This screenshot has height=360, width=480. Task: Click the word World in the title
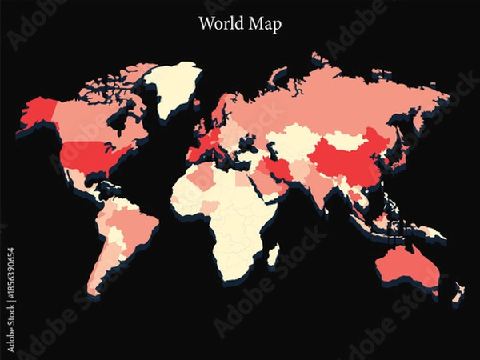click(218, 24)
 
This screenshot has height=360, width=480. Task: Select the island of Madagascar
click(273, 255)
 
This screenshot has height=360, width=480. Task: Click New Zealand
click(457, 292)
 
